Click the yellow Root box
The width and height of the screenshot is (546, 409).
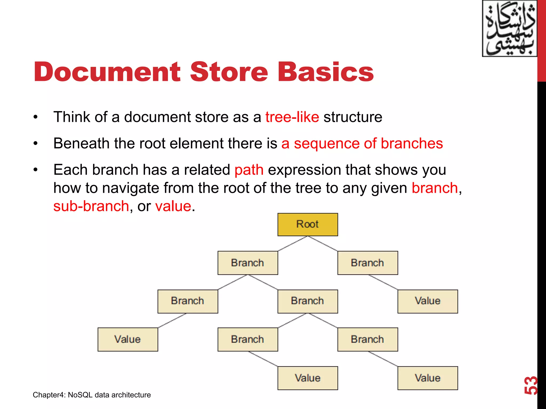click(308, 224)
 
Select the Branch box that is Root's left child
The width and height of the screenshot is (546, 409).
click(248, 263)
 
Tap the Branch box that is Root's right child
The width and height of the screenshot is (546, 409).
click(368, 263)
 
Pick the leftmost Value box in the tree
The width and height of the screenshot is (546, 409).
click(128, 340)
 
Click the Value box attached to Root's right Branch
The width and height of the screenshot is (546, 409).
click(428, 301)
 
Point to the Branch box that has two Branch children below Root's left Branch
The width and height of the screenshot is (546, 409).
click(308, 301)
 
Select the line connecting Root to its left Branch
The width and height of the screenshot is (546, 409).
click(293, 244)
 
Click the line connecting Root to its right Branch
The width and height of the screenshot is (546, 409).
click(323, 244)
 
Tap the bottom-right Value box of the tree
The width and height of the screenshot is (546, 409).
click(428, 378)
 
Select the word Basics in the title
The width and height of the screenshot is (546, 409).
click(326, 72)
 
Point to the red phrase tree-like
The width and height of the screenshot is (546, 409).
click(292, 117)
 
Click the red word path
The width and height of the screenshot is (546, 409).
click(249, 170)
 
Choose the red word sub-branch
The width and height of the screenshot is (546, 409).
click(91, 206)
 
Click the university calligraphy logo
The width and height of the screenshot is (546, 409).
click(509, 28)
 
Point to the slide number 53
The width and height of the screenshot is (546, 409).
click(531, 385)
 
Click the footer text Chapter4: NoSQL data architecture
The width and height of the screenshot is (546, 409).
click(92, 395)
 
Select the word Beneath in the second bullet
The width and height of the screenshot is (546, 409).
click(82, 144)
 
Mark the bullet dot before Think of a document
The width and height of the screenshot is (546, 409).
click(36, 117)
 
